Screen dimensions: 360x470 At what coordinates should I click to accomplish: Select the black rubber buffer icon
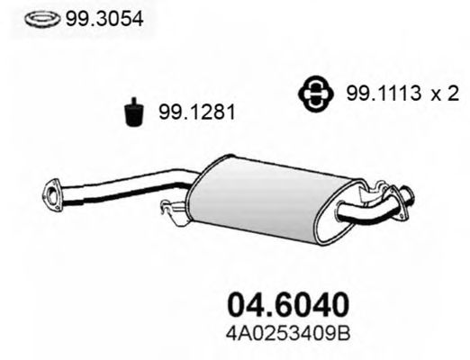(x=134, y=112)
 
